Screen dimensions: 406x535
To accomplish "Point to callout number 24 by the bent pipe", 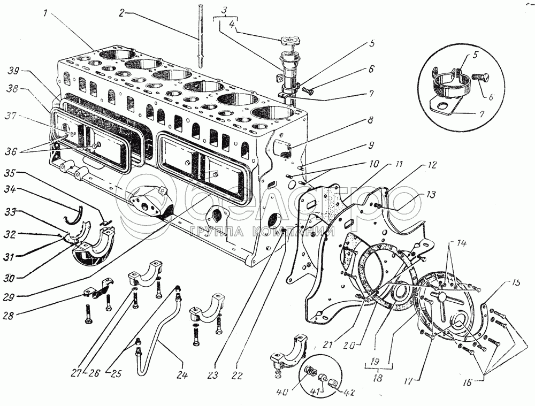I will click(183, 375).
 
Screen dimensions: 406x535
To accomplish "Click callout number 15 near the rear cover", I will click(515, 282).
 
